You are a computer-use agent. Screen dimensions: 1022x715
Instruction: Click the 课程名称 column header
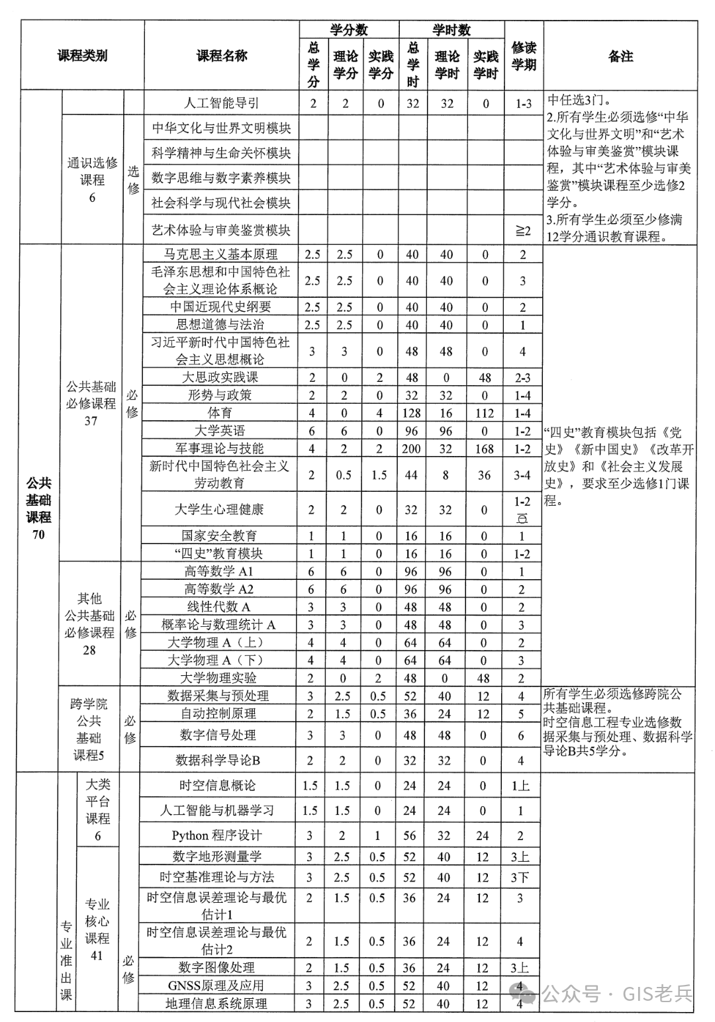[x=222, y=56]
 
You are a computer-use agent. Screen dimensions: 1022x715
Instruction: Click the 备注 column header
[x=620, y=56]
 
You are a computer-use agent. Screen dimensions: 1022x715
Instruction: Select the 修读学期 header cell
[x=524, y=56]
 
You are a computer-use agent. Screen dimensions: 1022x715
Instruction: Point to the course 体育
[x=219, y=413]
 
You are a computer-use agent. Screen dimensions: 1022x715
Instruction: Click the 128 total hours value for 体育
[x=412, y=413]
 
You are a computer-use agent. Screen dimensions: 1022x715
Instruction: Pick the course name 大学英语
[x=219, y=431]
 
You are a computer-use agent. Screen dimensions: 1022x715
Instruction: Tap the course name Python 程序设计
[x=217, y=835]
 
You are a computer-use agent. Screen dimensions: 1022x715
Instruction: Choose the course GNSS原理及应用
[x=216, y=986]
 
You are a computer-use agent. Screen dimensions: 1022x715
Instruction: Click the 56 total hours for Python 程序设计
[x=410, y=835]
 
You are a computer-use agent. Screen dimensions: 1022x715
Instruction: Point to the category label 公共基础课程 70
[x=38, y=508]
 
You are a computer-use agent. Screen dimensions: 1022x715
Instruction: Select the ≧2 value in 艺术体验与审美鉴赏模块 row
[x=523, y=230]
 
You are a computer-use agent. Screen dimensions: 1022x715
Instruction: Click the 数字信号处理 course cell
[x=218, y=735]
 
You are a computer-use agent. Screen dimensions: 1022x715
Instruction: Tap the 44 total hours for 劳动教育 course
[x=411, y=475]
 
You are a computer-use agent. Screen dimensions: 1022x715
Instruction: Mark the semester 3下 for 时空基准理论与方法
[x=520, y=877]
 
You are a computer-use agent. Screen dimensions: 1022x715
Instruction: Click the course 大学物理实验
[x=218, y=678]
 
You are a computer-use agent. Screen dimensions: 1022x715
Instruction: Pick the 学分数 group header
[x=349, y=30]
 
